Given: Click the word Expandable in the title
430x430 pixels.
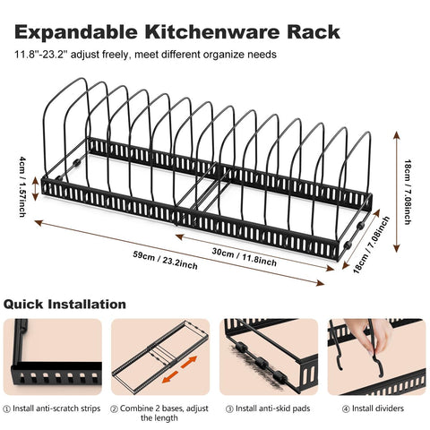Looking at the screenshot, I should (73, 33).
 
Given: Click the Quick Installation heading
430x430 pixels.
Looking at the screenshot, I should (64, 305).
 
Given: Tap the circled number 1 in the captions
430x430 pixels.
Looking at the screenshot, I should (8, 408).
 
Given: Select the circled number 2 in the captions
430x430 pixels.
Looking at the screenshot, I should (115, 408).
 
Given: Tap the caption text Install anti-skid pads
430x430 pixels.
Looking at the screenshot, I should (267, 408).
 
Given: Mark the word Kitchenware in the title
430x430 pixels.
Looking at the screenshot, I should (207, 33).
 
